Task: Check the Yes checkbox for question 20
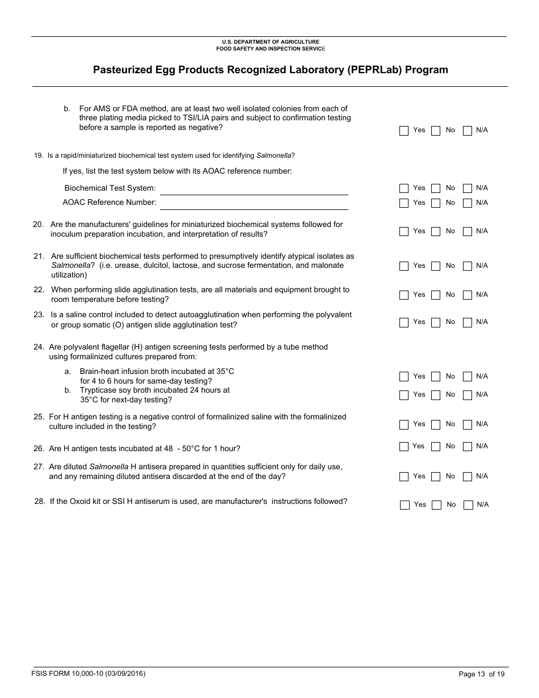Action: coord(404,232)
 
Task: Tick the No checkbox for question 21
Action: coord(436,266)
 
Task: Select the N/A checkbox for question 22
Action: coord(468,295)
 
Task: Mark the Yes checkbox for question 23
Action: coord(404,322)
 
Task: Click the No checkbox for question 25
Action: coord(436,424)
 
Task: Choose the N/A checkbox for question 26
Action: coord(468,447)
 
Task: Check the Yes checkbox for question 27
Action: coord(404,477)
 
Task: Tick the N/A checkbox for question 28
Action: coord(468,505)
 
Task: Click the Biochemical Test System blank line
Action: coord(254,189)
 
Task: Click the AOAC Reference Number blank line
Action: coord(254,203)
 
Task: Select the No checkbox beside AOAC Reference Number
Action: coord(436,203)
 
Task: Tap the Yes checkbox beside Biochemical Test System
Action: coord(404,188)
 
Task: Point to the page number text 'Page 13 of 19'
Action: coord(481,674)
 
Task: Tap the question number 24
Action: coord(39,347)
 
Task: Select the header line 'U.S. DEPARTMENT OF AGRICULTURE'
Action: coord(270,42)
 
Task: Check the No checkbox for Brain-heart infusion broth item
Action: coord(436,377)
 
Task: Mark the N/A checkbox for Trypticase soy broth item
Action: coord(468,395)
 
